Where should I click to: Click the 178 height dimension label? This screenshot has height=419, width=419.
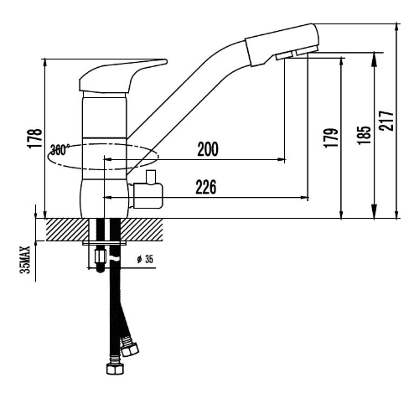click(x=35, y=138)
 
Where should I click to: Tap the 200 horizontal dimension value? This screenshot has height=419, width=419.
click(x=208, y=149)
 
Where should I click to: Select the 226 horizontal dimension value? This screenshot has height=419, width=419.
click(x=206, y=187)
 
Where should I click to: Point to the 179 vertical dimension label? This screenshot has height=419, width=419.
click(x=332, y=137)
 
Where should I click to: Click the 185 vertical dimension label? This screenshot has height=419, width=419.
click(x=365, y=135)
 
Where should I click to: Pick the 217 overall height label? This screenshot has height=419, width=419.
click(x=386, y=121)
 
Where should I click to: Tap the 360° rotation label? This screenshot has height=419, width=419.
click(x=60, y=150)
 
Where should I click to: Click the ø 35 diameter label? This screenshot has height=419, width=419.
click(x=145, y=259)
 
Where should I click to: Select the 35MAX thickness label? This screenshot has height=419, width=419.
click(x=25, y=260)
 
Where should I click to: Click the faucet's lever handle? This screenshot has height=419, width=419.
click(x=123, y=76)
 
